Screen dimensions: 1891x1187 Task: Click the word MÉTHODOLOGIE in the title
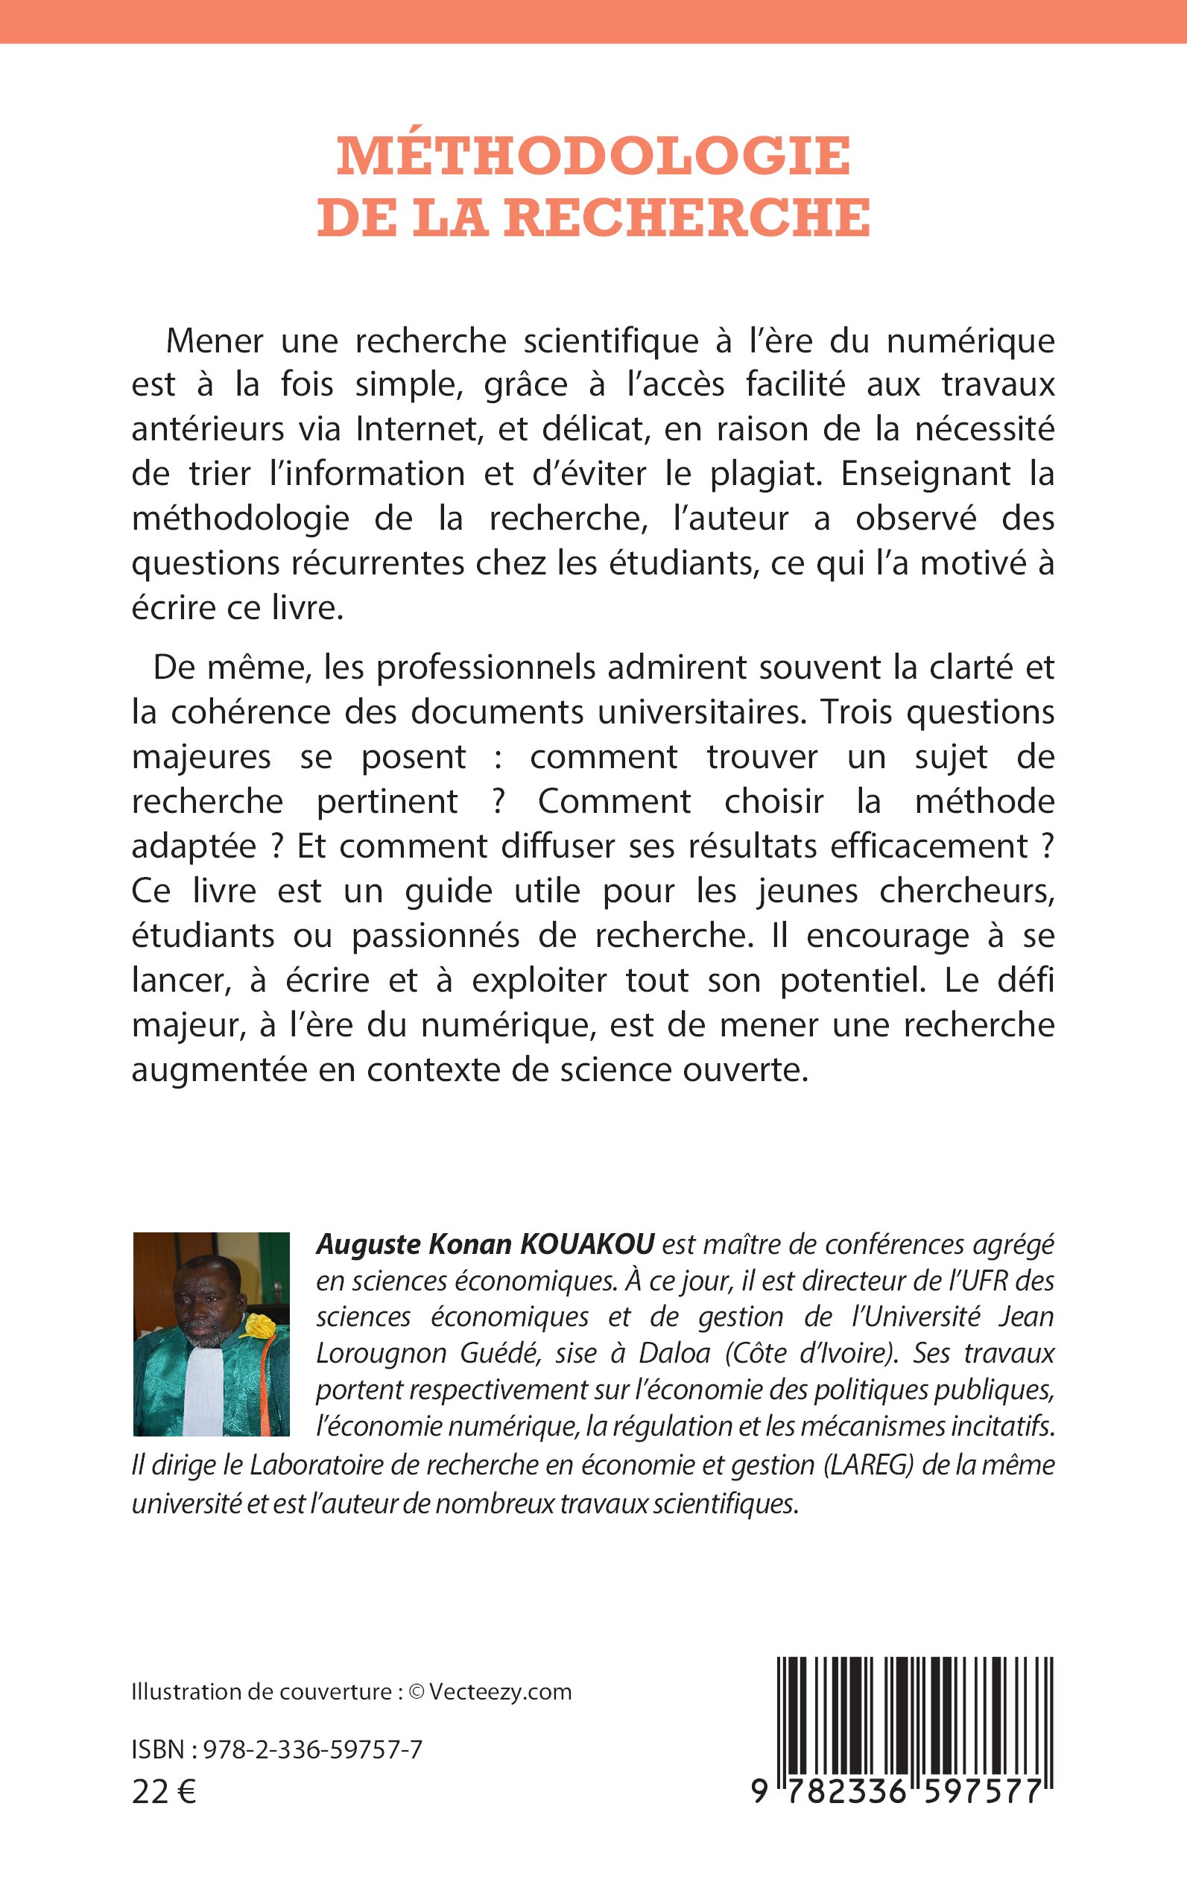[x=593, y=156]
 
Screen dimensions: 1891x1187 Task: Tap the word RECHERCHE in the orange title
[x=687, y=218]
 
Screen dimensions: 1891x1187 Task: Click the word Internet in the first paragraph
[x=407, y=429]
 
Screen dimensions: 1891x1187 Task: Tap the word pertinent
[x=387, y=802]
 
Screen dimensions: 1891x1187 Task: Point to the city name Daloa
[x=674, y=1353]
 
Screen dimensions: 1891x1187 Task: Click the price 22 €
[x=164, y=1792]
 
